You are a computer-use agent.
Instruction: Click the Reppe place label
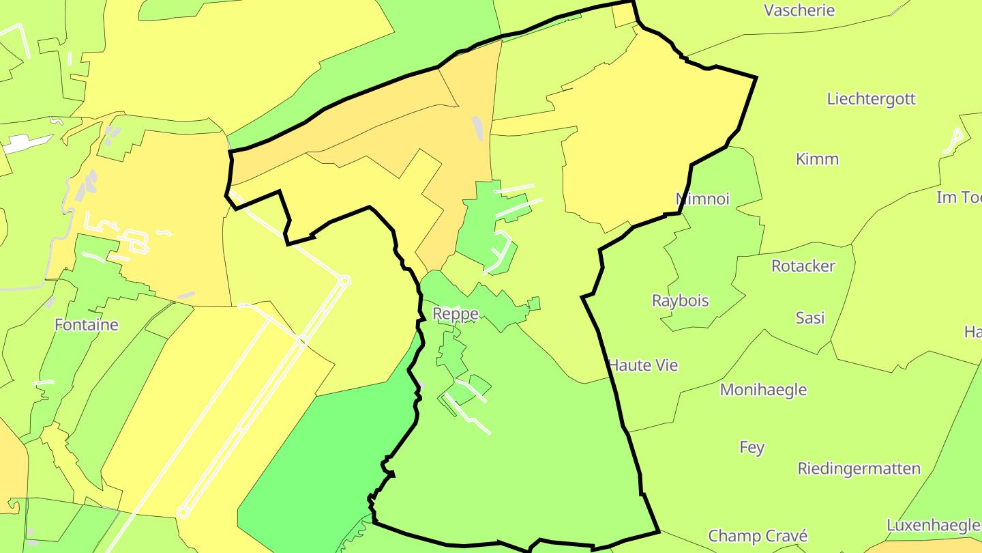pos(456,313)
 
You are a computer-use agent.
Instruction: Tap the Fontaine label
pos(87,324)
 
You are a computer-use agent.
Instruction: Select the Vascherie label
pos(799,10)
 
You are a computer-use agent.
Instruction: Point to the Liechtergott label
pos(871,98)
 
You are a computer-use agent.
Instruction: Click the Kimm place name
pos(817,159)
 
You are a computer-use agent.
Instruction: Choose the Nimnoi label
pos(702,199)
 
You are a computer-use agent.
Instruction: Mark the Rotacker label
pos(803,266)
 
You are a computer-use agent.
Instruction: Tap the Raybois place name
pos(680,300)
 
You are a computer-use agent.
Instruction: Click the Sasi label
pos(809,317)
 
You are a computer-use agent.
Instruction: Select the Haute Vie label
pos(643,365)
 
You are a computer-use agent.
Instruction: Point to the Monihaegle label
pos(763,390)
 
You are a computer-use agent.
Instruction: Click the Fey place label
pos(752,447)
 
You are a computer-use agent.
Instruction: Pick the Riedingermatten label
pos(859,468)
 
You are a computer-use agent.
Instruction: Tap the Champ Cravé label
pos(757,536)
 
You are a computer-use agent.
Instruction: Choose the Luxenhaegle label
pos(932,525)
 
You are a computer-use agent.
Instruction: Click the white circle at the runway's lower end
pos(183,512)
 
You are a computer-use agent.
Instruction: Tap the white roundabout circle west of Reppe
pos(344,281)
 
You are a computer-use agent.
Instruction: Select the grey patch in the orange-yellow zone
pos(477,128)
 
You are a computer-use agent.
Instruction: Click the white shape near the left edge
pos(27,143)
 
